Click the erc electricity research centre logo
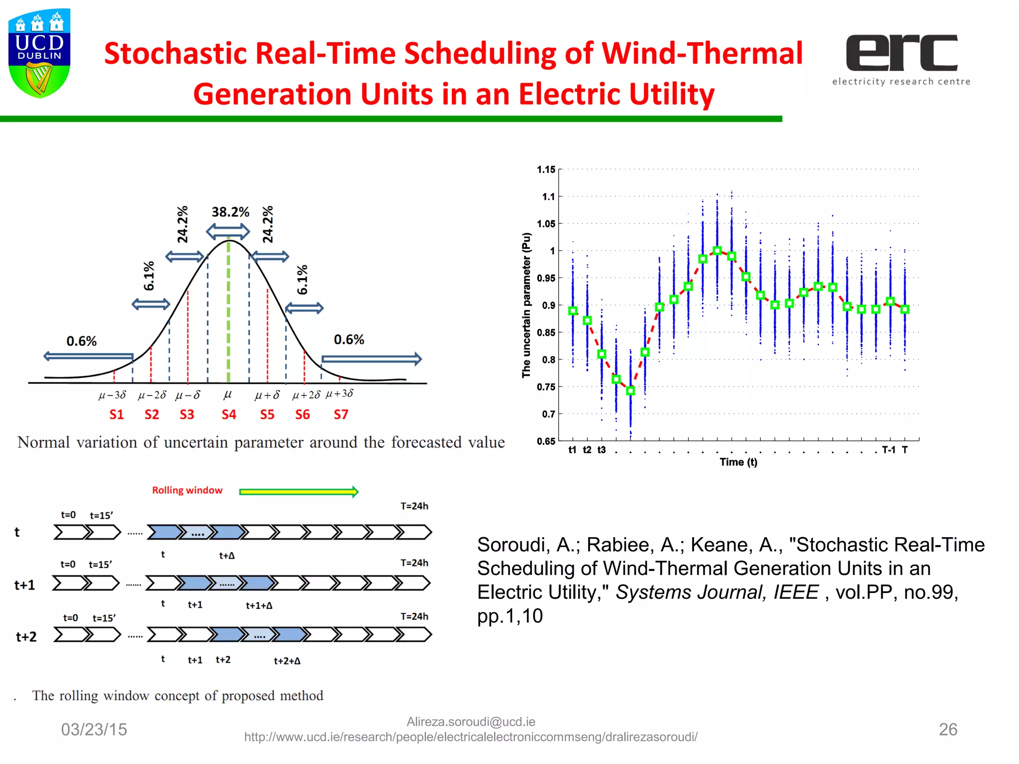901,59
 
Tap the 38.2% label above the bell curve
230,212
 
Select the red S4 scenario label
229,414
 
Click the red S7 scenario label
341,414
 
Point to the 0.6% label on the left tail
82,341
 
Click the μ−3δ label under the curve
112,395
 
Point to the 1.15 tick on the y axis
546,170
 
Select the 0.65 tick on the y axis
546,441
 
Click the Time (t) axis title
738,462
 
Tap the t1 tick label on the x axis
573,450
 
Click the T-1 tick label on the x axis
889,450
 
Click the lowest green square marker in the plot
630,391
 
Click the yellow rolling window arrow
299,492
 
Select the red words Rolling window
187,490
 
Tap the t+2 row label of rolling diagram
26,637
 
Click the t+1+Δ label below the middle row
259,605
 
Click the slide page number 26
948,729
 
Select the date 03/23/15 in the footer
94,729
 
